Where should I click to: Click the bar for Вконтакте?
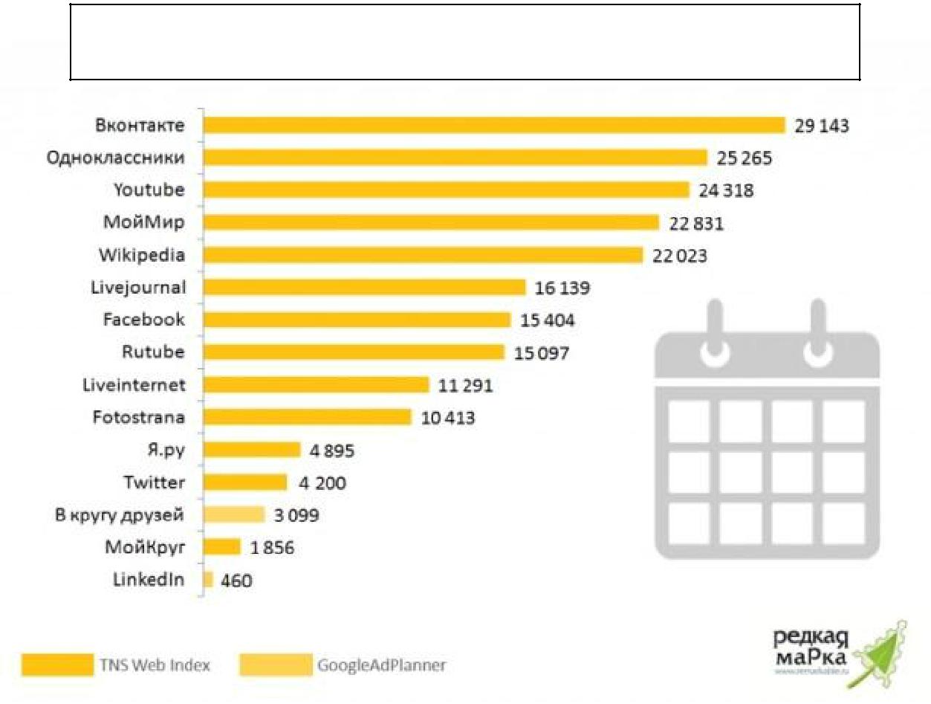tap(494, 125)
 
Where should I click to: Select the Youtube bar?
tap(446, 190)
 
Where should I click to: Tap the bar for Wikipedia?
tap(423, 255)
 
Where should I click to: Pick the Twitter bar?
tap(245, 482)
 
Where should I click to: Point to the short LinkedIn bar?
tap(208, 580)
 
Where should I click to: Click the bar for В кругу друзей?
tap(234, 514)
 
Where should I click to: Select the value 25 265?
tap(745, 158)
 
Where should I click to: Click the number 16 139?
tap(562, 288)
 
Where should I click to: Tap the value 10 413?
tap(448, 418)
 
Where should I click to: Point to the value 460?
tap(236, 581)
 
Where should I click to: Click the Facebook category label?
tap(144, 320)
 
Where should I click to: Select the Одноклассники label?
tap(115, 158)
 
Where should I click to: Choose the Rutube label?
tap(153, 352)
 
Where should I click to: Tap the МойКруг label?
tap(145, 548)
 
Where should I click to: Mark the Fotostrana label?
tap(138, 417)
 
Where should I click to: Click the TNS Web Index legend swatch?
tap(56, 665)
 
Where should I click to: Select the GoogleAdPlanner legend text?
tap(382, 665)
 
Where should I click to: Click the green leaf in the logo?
tap(880, 653)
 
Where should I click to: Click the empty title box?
tap(465, 42)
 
